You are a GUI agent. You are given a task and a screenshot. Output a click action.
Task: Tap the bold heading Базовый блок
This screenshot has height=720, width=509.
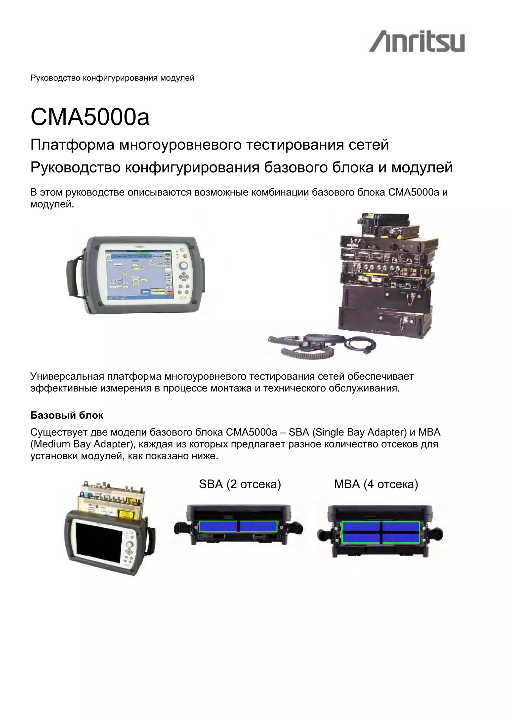click(x=67, y=415)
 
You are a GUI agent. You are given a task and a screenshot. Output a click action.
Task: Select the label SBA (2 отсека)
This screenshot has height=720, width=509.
click(x=240, y=484)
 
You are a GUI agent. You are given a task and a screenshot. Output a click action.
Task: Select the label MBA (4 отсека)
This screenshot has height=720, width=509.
click(x=376, y=484)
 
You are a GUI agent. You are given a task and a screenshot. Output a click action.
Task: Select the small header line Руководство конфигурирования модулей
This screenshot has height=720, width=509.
click(x=112, y=78)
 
